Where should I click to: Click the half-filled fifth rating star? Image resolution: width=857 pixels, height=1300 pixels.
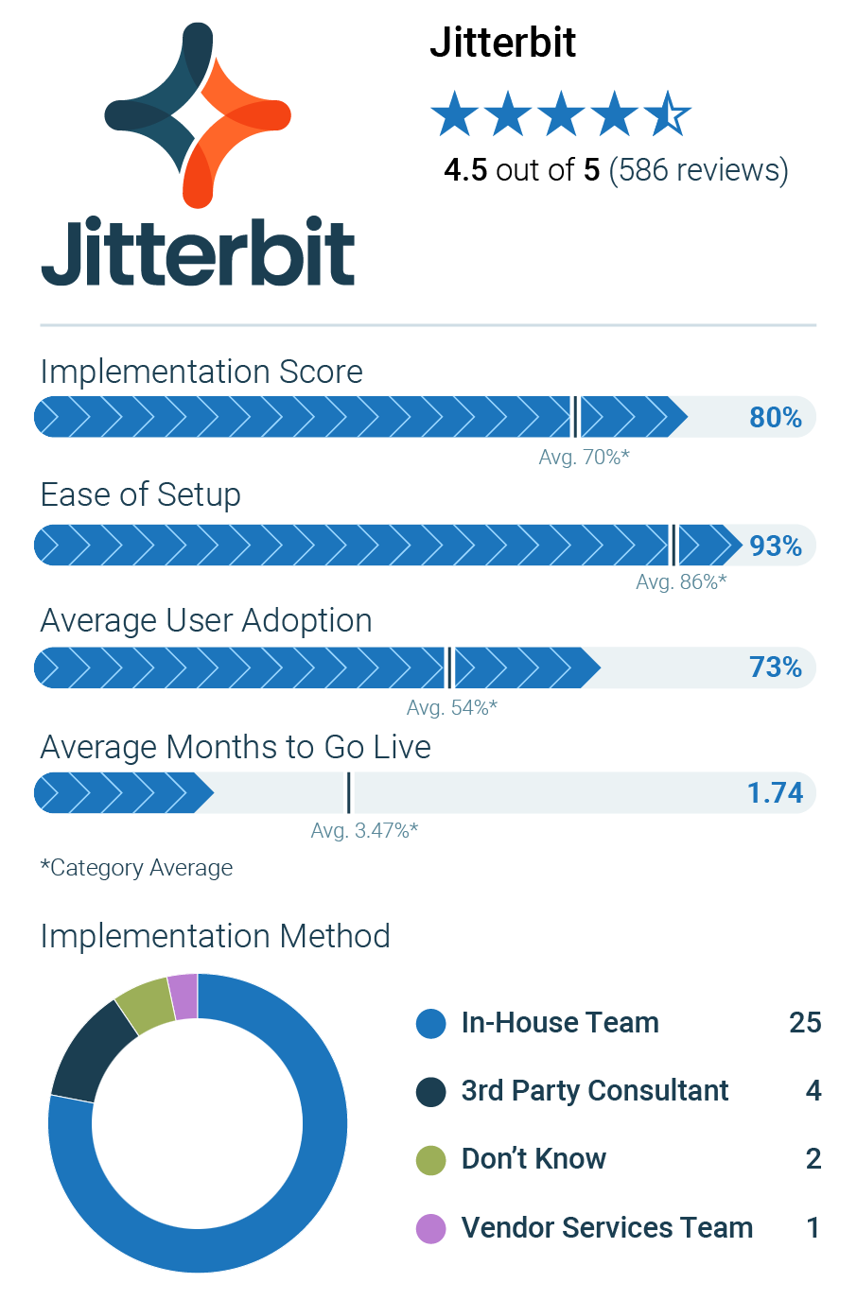point(668,115)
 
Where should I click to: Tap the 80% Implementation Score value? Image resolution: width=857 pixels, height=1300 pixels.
point(775,417)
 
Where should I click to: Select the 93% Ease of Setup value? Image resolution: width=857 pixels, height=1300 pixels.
point(775,546)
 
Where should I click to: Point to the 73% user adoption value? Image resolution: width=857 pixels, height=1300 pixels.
point(775,667)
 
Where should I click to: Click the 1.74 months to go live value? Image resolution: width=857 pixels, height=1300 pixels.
point(775,792)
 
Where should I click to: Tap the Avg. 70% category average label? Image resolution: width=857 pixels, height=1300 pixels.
point(584,458)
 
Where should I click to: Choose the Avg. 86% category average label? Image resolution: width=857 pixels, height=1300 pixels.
point(681,581)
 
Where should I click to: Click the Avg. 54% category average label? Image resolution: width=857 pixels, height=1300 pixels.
point(451,707)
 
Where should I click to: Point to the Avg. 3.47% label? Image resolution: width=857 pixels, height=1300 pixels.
point(364,830)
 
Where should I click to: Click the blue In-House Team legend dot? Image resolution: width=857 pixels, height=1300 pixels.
point(431,1023)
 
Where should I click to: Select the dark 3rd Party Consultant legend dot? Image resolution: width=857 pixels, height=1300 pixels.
point(431,1091)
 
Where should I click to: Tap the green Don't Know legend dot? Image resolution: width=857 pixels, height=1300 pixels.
point(431,1159)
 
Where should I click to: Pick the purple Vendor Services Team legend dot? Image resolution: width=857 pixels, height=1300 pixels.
point(431,1228)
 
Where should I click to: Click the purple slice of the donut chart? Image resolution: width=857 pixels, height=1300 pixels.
point(184,997)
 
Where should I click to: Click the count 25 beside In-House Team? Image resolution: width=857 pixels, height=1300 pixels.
point(805,1023)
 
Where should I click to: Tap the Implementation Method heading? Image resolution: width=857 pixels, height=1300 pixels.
point(215,936)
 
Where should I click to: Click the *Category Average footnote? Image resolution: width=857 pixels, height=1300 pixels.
point(136,868)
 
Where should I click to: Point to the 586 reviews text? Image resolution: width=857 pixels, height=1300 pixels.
point(698,170)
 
